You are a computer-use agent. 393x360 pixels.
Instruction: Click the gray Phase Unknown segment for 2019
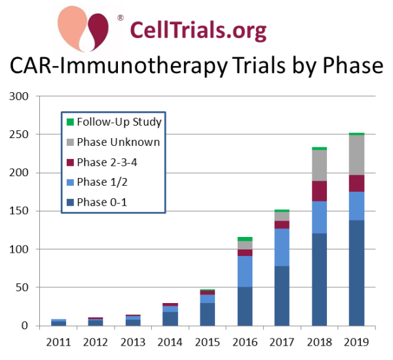point(357,155)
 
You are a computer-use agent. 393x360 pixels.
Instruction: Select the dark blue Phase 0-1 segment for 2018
point(320,279)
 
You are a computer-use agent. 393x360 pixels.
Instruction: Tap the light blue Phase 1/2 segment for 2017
point(282,247)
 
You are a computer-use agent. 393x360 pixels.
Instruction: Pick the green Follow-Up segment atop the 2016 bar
point(245,239)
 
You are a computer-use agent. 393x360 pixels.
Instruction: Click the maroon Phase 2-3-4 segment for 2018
point(320,191)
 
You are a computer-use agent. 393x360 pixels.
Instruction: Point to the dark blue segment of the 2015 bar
point(207,314)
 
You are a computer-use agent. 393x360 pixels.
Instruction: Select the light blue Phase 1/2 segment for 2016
point(245,272)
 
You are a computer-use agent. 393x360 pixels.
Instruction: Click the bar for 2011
point(58,323)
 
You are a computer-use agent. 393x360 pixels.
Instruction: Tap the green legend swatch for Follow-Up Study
point(71,122)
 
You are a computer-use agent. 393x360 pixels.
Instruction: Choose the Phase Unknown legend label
point(119,142)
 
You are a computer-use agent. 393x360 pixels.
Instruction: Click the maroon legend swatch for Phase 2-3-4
point(71,162)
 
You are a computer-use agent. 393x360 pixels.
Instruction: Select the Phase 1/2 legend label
point(102,182)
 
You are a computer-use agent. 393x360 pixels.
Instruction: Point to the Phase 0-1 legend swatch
point(71,202)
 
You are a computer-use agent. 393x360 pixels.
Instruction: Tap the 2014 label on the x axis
point(170,342)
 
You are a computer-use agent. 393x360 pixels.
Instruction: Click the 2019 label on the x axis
point(357,342)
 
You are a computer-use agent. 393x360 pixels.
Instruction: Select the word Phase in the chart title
point(352,65)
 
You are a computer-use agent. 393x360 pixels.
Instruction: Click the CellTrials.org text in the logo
point(198,31)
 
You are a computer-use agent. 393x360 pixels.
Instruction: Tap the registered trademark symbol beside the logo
point(121,18)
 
